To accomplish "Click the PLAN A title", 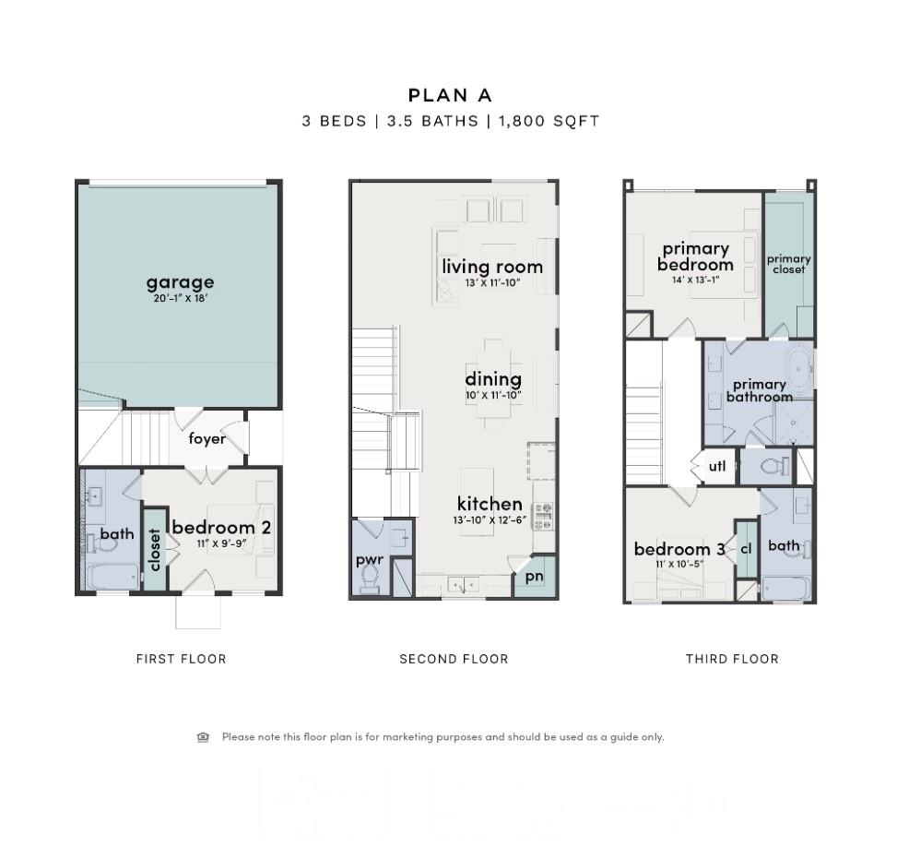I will [x=451, y=95].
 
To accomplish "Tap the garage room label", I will [x=180, y=281].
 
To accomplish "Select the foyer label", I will [x=207, y=438].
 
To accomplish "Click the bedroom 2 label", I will [x=220, y=527].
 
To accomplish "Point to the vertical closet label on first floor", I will [x=155, y=550].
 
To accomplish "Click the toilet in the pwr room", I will [x=370, y=577].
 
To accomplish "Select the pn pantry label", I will [x=535, y=577].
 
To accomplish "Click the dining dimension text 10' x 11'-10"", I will [x=493, y=396].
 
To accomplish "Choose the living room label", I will [x=492, y=267].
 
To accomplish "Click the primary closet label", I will [x=788, y=264].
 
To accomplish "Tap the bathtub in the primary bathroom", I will [x=798, y=366].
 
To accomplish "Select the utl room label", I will [x=717, y=466].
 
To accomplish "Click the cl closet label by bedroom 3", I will [x=746, y=548].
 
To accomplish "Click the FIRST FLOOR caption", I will [x=181, y=659].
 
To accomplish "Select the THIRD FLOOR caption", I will [x=732, y=659].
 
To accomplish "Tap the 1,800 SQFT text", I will [x=549, y=121].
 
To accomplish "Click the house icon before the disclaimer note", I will [x=203, y=736].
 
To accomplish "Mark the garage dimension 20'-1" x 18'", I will [x=181, y=299].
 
